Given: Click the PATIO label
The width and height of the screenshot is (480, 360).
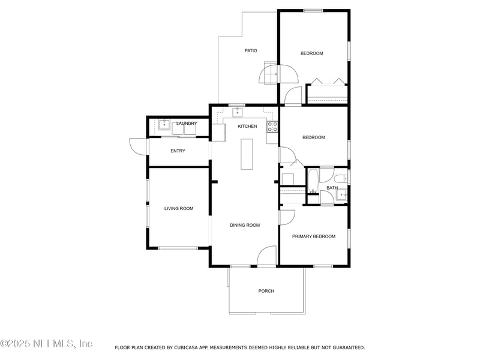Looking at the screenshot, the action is coord(251,50).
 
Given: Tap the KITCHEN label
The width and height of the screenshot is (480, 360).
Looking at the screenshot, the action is coord(247,126).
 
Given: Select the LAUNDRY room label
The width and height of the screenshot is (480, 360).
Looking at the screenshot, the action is coord(187,124).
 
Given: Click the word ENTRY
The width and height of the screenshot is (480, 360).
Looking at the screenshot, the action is coord(178,151).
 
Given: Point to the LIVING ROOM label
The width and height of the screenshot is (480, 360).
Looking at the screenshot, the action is coord(179,208).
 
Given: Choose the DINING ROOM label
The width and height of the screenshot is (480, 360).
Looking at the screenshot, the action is coord(245,225).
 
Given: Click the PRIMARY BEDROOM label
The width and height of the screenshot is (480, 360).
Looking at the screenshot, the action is coord(314,236).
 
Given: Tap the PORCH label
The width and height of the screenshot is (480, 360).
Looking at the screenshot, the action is coord(266,291).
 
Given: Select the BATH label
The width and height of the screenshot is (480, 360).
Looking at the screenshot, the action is coord(332,188).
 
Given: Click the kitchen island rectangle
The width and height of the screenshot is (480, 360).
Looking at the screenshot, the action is coord(247,154).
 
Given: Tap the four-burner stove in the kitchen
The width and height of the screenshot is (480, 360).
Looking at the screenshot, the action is coord(272,127).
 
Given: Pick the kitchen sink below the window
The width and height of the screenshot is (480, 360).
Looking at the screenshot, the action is coord(238,112).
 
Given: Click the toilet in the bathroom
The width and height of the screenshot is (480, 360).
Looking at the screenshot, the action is coord(340,178).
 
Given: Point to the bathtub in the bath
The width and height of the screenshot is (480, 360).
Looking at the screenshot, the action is coord(313,181).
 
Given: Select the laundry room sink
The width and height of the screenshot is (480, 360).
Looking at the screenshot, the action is coord(164,125).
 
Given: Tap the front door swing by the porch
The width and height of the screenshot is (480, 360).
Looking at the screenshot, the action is coord(266,256).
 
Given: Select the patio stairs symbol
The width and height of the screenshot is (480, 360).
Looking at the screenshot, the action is coord(271,73).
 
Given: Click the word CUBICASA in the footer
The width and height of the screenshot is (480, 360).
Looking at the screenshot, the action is coord(188,347).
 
